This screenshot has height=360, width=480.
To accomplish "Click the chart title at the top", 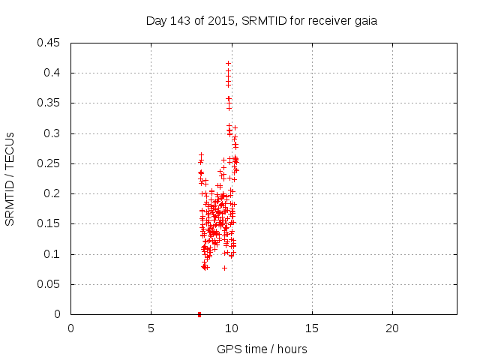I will point(261,21).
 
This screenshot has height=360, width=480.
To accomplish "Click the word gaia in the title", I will point(365,21).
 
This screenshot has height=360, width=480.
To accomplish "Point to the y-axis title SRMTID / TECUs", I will point(10,178).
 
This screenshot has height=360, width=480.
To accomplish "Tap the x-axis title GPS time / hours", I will point(262,349).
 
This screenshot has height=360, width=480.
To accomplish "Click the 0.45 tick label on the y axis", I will point(50,43).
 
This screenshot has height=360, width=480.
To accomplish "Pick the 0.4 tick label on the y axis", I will point(53,73).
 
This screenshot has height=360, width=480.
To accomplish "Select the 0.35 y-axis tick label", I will point(50,103).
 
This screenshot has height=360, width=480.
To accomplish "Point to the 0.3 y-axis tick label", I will point(53,133).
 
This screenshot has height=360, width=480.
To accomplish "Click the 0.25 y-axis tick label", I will point(50,163).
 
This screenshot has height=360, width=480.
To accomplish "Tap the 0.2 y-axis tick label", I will point(53,193).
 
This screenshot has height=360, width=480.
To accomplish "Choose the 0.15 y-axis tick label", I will point(50,223).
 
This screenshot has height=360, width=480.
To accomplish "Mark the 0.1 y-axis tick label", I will point(53,254).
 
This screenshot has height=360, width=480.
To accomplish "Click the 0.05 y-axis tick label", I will point(50,284).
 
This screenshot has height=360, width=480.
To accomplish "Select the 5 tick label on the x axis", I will point(151,328).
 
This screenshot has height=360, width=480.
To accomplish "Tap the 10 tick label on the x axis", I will point(232,328).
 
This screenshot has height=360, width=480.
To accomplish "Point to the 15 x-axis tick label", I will point(312,328).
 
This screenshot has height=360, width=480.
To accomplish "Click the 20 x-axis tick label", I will point(392,328).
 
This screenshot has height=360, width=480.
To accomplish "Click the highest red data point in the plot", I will point(228,63).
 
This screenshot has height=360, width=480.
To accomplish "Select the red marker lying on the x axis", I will point(199,314).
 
